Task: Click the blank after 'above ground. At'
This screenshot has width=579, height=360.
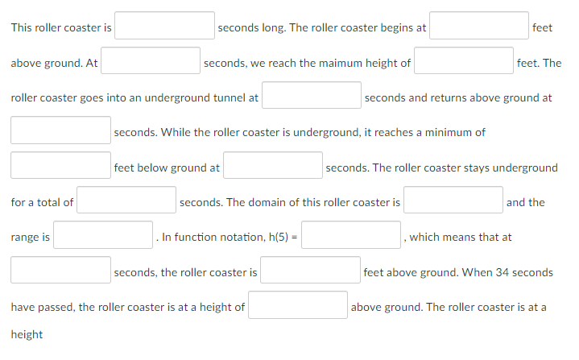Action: [x=151, y=61]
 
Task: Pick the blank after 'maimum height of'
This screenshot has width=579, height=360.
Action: [x=465, y=61]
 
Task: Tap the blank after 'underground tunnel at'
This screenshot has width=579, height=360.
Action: [x=312, y=96]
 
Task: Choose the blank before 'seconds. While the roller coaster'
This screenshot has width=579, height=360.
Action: [x=61, y=130]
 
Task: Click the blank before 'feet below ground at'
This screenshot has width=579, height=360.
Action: [x=61, y=166]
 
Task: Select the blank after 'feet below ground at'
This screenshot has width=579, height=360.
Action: [x=273, y=166]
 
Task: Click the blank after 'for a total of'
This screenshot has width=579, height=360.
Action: [x=126, y=201]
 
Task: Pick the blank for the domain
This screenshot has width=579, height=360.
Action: [x=453, y=201]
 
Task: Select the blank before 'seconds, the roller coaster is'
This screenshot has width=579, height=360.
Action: [x=61, y=271]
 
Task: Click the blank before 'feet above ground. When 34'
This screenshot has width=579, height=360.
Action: [x=310, y=271]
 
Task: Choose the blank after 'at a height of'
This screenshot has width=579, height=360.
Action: [x=298, y=305]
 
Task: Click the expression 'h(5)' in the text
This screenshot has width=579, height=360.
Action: [x=276, y=237]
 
